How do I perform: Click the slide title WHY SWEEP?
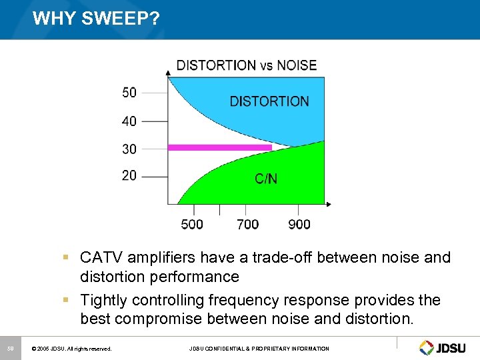pos(96,19)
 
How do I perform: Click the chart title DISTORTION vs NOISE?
pos(246,65)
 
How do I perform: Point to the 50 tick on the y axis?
pos(129,93)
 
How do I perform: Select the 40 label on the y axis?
pos(129,121)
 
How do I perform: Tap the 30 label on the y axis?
pos(129,149)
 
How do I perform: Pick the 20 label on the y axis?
pos(129,175)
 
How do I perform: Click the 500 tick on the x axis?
pos(192,224)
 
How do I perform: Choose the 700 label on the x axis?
pos(247,224)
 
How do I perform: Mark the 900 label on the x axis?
pos(299,224)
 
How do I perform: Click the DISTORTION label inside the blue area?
pos(269,101)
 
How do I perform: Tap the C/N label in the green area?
pos(266,179)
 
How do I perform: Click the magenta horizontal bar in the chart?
pos(220,147)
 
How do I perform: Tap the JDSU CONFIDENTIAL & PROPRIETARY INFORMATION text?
pos(259,349)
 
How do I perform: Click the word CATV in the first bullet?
pos(100,257)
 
